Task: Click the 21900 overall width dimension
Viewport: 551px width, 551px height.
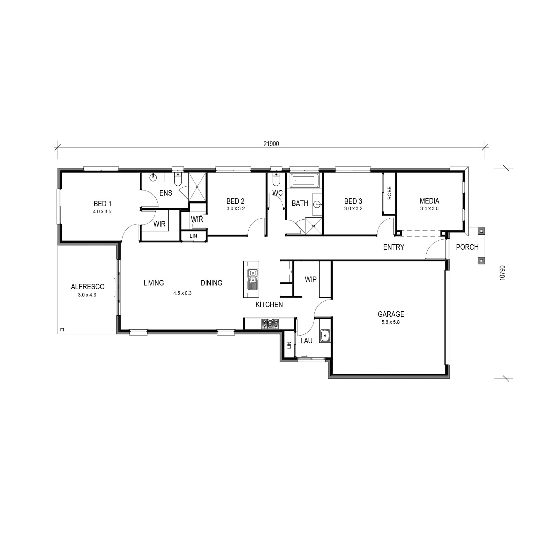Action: point(271,144)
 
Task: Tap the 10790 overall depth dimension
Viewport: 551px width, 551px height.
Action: point(502,272)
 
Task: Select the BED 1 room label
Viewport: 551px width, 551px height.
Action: point(102,204)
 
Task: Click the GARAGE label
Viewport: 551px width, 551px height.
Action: point(391,314)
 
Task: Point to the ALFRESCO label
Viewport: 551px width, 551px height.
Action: point(87,287)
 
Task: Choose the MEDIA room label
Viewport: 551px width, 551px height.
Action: point(429,201)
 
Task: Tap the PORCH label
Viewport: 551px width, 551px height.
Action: point(467,247)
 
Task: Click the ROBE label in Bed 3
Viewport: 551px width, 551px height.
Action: point(389,193)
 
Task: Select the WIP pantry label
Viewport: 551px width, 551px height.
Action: point(311,279)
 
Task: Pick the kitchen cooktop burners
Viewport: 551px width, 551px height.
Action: point(270,324)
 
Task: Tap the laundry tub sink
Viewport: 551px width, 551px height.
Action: point(325,335)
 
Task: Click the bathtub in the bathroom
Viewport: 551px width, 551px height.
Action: point(304,180)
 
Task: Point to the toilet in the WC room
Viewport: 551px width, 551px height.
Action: point(276,180)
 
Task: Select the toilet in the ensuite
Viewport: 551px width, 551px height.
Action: point(178,180)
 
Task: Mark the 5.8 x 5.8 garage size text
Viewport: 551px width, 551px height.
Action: point(391,322)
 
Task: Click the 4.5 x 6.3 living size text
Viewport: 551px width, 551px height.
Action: point(182,293)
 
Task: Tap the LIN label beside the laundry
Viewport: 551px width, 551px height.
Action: point(289,345)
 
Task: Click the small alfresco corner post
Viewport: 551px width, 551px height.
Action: point(62,330)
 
